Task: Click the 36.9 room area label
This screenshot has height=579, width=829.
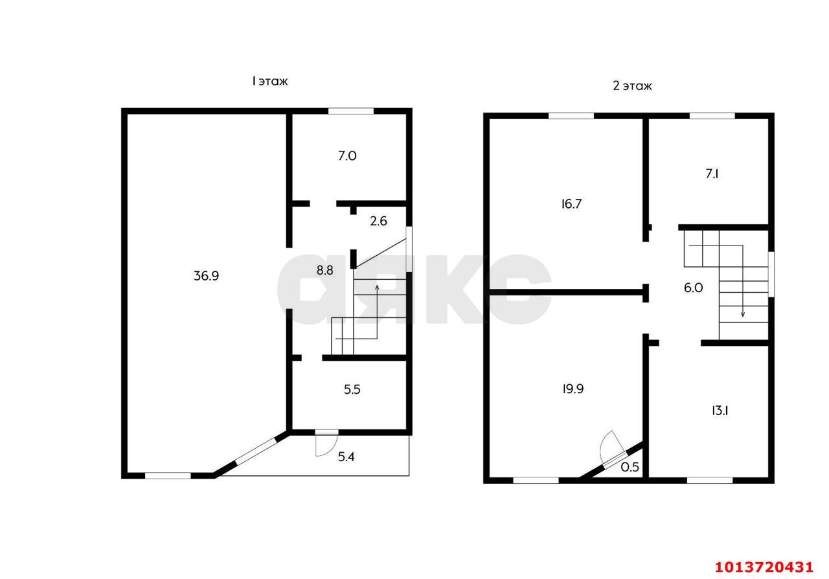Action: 206,276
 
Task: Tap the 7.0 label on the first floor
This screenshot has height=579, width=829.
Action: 347,156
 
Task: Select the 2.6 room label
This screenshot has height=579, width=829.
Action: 378,221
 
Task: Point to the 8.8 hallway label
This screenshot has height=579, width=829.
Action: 324,270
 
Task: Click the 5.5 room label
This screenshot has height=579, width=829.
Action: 352,389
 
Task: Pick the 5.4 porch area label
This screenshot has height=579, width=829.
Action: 346,457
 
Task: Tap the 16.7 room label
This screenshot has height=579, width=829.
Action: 571,204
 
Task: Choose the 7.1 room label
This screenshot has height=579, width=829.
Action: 712,174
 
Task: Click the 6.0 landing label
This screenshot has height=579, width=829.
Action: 693,288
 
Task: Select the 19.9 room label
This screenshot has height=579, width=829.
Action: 573,389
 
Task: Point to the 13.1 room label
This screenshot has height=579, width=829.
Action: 720,411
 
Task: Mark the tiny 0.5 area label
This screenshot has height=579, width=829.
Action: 630,467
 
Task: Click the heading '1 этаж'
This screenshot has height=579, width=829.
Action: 270,81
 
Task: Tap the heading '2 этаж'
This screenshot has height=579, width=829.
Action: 632,86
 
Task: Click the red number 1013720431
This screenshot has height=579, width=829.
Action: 764,567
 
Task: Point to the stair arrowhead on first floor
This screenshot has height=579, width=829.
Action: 377,288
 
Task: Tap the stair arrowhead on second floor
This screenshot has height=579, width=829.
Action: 742,315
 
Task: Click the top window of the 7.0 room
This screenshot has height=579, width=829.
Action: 351,111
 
